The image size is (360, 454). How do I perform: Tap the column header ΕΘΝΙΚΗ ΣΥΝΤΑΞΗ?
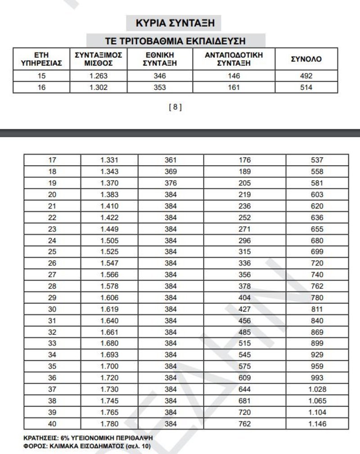coord(160,59)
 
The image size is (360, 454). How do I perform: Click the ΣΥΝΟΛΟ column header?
coord(306,59)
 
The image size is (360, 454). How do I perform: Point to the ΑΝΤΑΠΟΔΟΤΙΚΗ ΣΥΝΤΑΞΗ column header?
coord(234,59)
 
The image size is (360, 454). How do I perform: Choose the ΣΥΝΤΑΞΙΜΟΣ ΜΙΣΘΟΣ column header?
coord(99,59)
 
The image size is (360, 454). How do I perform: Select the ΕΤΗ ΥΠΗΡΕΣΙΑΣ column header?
coord(41,59)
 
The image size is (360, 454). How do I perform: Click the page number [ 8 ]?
coord(175,107)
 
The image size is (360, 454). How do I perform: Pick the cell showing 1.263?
coord(99,76)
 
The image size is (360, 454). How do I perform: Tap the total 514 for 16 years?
coord(306,87)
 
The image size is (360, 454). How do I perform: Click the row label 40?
coord(52,424)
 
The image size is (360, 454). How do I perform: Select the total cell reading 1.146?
coord(317,424)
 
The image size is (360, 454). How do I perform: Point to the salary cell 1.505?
coord(109,241)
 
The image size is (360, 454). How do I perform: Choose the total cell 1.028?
coord(317,389)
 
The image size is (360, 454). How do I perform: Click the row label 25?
coord(52,252)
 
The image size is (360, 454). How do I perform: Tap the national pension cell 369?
coord(171,172)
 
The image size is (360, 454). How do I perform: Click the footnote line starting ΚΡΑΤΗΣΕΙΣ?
coord(85,438)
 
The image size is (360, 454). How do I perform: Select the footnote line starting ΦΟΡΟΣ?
coord(87,446)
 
